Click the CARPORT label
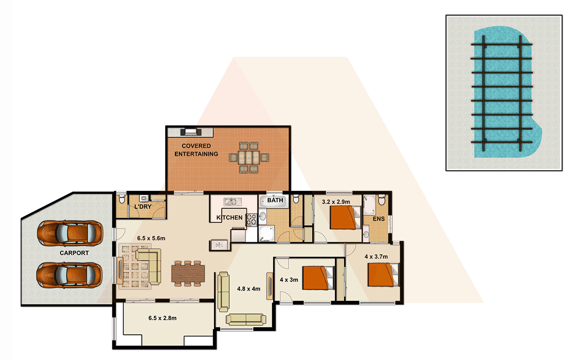74,253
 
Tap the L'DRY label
143,206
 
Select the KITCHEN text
229,218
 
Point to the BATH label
275,200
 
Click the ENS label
379,219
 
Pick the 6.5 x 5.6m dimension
151,238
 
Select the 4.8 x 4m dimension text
248,289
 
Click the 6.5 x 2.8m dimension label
162,318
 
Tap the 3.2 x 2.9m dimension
336,202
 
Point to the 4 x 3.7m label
376,257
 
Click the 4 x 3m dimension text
289,280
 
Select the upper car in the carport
70,233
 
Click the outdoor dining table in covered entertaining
249,157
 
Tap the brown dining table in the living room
188,273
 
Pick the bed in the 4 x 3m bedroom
319,278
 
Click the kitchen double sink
233,202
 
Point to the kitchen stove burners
251,220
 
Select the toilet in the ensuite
382,200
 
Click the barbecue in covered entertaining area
191,132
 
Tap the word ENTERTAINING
196,154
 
